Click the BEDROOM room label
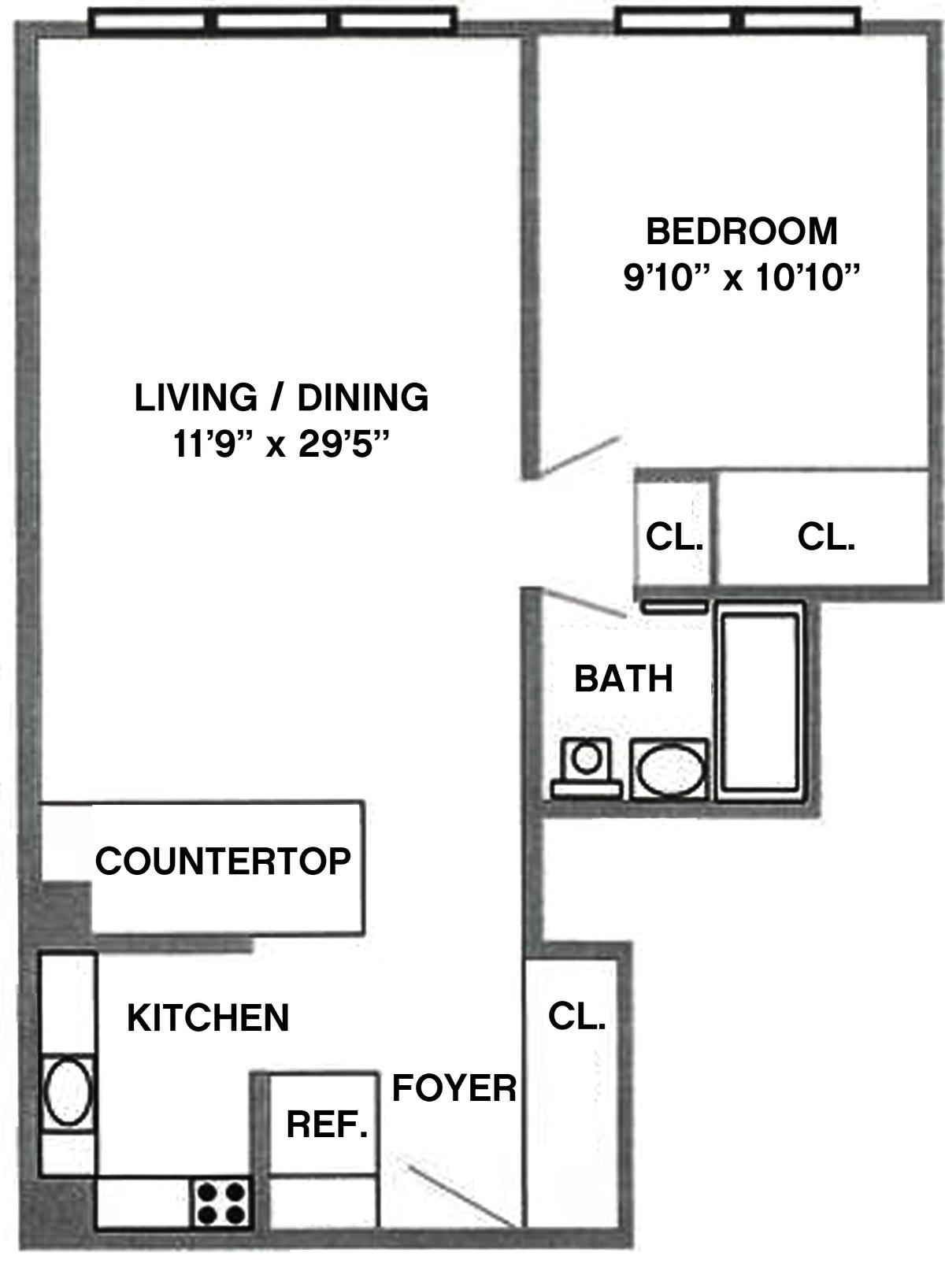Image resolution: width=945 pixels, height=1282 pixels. pos(742,232)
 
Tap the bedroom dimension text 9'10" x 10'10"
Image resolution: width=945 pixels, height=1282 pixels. pos(742,279)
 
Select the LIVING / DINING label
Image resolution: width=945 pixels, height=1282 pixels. pos(281,397)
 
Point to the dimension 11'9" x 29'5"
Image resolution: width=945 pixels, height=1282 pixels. pos(281,444)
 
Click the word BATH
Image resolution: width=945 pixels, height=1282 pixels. pos(624,679)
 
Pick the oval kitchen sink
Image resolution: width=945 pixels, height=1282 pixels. pos(68,1092)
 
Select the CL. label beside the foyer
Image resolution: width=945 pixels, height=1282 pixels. pos(576,1017)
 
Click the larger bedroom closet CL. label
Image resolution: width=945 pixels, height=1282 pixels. pos(826,537)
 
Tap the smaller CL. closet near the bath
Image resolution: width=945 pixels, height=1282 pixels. pos(673,537)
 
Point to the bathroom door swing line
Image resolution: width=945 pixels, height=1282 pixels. pos(582,603)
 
